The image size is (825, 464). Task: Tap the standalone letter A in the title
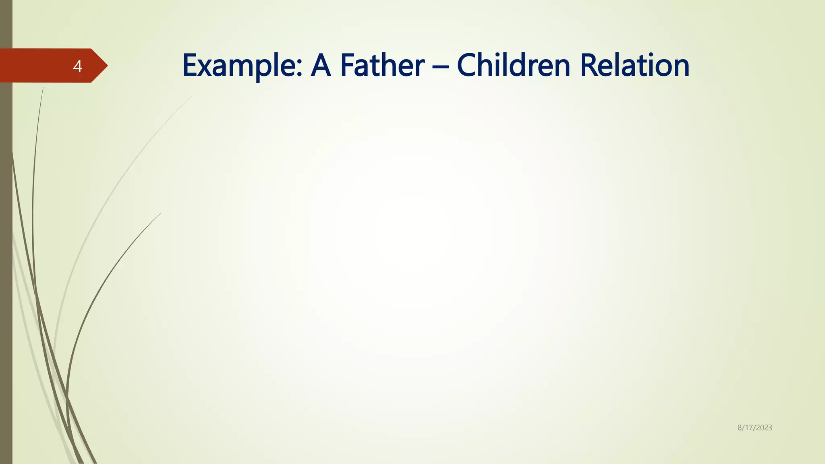click(321, 66)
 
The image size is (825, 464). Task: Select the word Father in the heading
click(382, 66)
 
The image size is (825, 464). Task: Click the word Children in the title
click(514, 66)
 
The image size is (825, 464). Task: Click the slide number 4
click(77, 66)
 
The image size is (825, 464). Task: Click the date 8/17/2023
click(755, 428)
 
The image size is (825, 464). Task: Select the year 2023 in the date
click(764, 428)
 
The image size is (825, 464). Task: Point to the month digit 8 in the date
click(740, 428)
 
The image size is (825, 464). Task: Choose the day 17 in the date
click(748, 428)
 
